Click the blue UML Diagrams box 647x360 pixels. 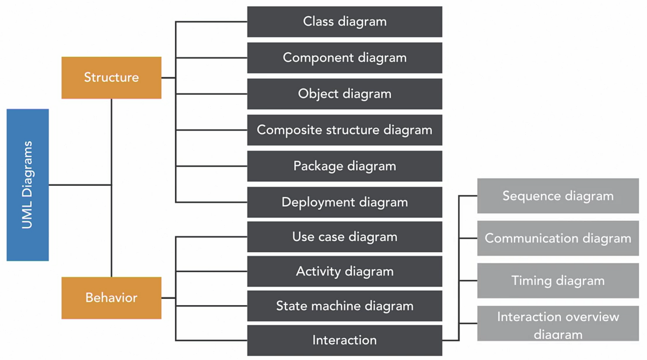[28, 185]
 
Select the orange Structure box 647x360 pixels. [111, 78]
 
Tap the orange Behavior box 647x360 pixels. [111, 298]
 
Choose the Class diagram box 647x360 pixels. [344, 21]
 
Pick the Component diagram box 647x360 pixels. [344, 58]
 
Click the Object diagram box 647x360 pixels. [344, 94]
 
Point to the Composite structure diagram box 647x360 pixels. [344, 130]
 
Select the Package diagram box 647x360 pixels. [344, 166]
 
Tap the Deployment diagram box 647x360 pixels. [344, 202]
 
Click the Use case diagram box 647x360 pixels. [344, 237]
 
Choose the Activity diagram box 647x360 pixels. [344, 271]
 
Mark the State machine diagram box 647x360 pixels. [344, 306]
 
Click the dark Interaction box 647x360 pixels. [344, 340]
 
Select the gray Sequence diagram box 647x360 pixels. [558, 196]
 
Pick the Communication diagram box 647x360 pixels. [558, 238]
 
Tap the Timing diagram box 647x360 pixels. [558, 280]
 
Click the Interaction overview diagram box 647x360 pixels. [558, 324]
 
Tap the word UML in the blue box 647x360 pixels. [27, 217]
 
